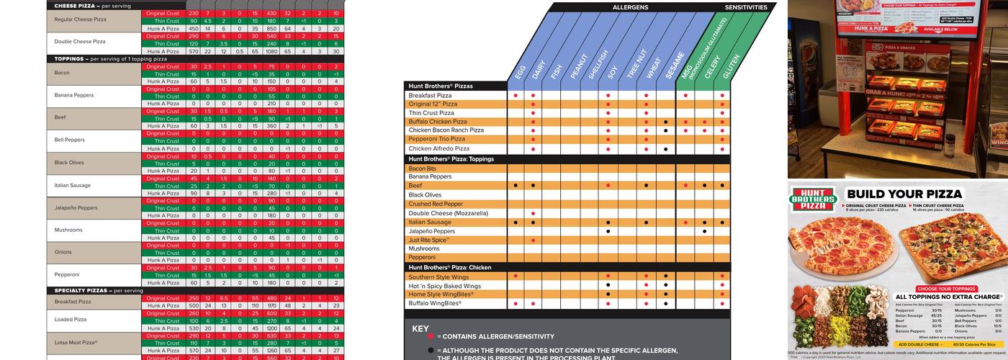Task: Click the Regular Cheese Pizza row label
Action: coord(80,19)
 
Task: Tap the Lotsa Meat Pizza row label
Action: coord(76,343)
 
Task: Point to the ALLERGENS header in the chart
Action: coord(630,7)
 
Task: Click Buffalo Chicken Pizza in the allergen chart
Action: coord(438,122)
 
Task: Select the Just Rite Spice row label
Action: coord(429,240)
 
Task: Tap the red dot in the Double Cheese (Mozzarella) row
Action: coord(533,213)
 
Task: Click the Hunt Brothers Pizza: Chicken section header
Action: coord(450,267)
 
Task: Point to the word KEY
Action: coord(420,328)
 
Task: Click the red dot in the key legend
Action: coord(431,336)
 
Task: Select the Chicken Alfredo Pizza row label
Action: coord(438,148)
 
